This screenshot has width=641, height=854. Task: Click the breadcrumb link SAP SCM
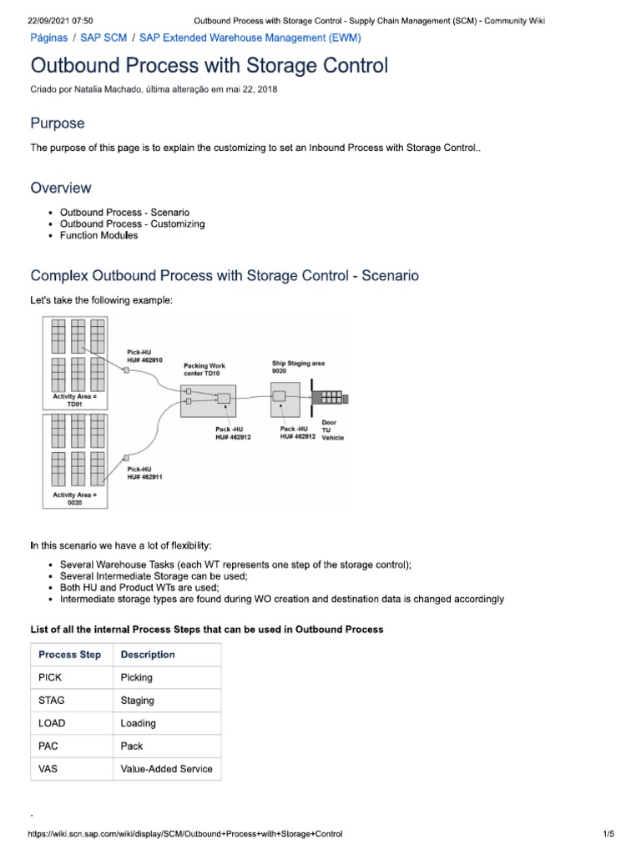[x=103, y=38]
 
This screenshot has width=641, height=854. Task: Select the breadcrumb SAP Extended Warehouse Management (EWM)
[x=250, y=38]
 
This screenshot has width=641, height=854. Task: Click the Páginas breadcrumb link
[x=49, y=38]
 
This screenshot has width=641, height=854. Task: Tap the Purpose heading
[x=58, y=123]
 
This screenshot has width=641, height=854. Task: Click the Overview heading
[x=61, y=188]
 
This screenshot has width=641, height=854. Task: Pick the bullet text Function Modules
[x=99, y=236]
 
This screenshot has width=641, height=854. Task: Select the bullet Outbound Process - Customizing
[x=132, y=224]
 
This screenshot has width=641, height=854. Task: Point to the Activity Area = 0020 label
[x=75, y=499]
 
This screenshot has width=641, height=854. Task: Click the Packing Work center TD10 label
[x=204, y=369]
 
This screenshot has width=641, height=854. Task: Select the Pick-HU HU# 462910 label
[x=144, y=356]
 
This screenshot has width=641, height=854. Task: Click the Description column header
[x=148, y=655]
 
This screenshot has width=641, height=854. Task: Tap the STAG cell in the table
[x=52, y=701]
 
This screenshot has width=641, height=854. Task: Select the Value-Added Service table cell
[x=166, y=769]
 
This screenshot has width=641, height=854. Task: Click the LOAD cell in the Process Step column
[x=52, y=723]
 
